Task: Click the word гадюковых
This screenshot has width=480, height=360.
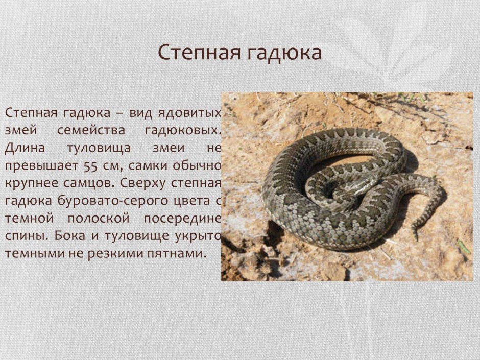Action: point(183,131)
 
